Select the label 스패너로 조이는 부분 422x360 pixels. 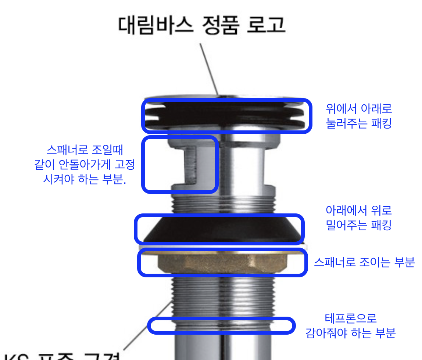[364, 262]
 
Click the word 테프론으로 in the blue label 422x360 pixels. [351, 318]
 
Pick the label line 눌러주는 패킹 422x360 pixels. [359, 123]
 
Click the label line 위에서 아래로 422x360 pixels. [359, 109]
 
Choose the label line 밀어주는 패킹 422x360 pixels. [359, 225]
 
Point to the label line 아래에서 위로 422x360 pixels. [359, 210]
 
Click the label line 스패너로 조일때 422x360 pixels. [85, 150]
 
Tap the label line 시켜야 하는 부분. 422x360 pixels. [85, 180]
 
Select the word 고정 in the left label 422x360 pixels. [125, 165]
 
